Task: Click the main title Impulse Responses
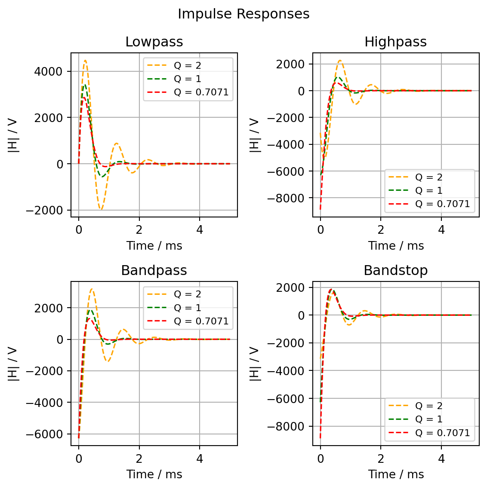(243, 14)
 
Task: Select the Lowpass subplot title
(154, 42)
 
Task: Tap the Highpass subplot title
(395, 42)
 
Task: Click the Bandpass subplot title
(154, 271)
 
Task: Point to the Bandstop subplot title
(395, 271)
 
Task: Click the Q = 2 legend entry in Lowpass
(187, 66)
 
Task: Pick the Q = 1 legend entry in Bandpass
(187, 308)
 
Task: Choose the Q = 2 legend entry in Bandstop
(428, 406)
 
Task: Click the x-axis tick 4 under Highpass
(441, 230)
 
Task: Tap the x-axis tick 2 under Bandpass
(139, 458)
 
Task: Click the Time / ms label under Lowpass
(154, 246)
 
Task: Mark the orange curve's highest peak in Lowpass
(85, 61)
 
